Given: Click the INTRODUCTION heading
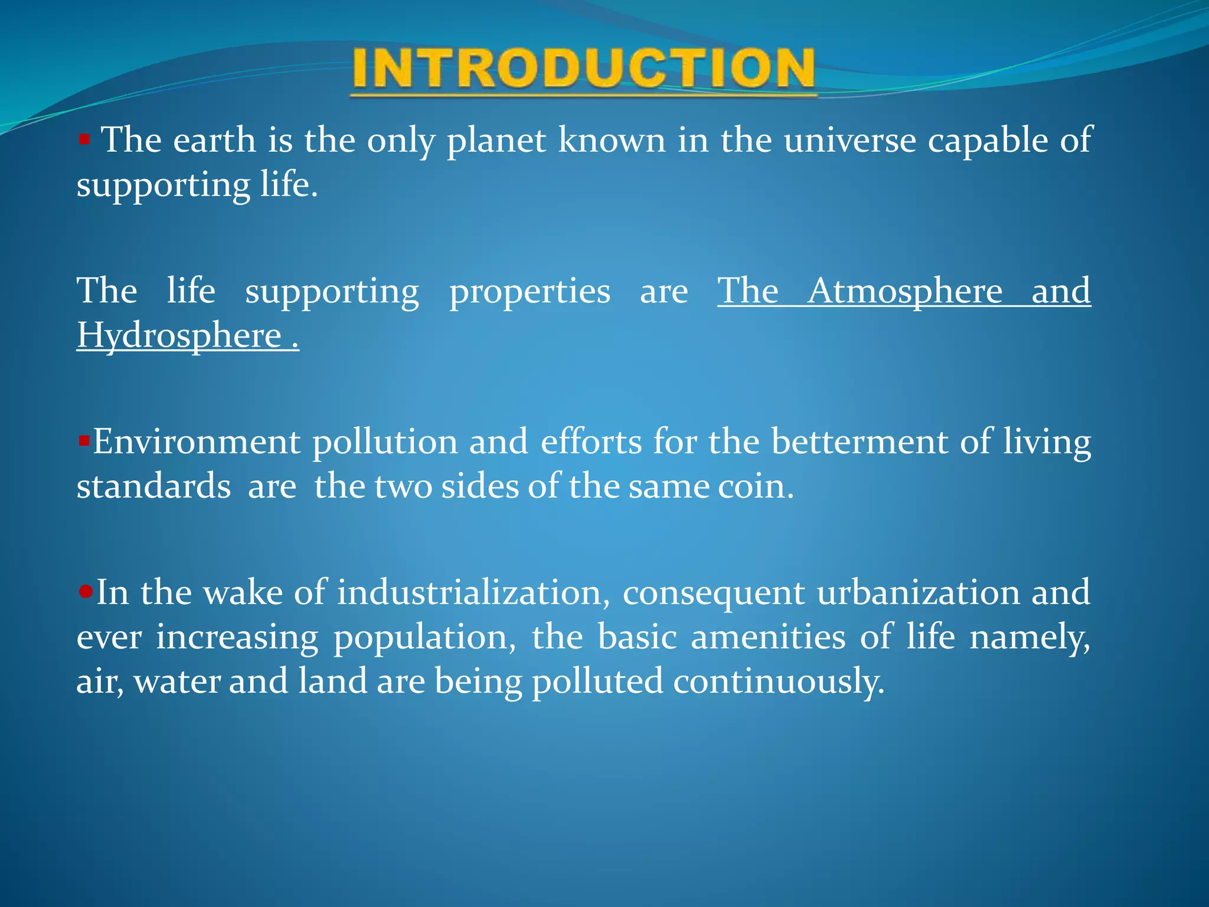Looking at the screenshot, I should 583,70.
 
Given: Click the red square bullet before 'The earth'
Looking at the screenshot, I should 84,140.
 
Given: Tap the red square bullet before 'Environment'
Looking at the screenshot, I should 83,441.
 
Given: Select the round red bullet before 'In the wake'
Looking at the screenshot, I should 86,591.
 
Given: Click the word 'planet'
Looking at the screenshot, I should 496,142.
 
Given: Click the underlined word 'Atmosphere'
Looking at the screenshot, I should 904,291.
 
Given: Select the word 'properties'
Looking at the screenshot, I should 530,292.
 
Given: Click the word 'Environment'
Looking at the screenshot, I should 196,442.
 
